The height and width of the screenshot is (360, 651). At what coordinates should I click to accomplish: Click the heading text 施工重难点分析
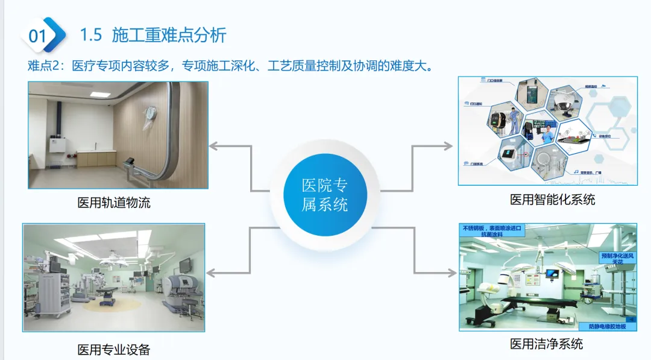pyautogui.click(x=169, y=35)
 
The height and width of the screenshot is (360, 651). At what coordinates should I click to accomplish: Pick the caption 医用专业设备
pyautogui.click(x=114, y=349)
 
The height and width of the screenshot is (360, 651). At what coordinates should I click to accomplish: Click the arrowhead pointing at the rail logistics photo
pyautogui.click(x=213, y=146)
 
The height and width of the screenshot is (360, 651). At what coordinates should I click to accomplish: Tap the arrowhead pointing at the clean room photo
pyautogui.click(x=452, y=273)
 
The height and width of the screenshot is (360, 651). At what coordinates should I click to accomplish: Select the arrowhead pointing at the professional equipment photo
pyautogui.click(x=213, y=273)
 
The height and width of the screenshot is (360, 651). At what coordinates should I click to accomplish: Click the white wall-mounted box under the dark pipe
pyautogui.click(x=58, y=146)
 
